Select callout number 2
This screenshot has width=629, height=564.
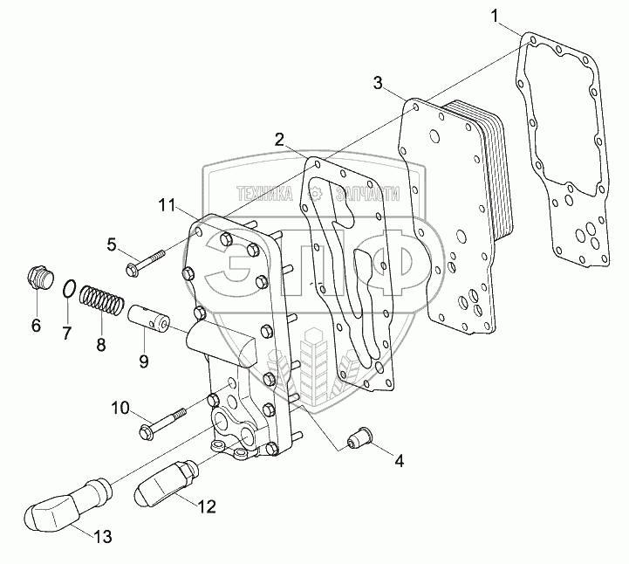[x=278, y=139]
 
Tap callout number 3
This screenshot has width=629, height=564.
[x=377, y=83]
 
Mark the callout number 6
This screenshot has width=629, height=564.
[x=36, y=327]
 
